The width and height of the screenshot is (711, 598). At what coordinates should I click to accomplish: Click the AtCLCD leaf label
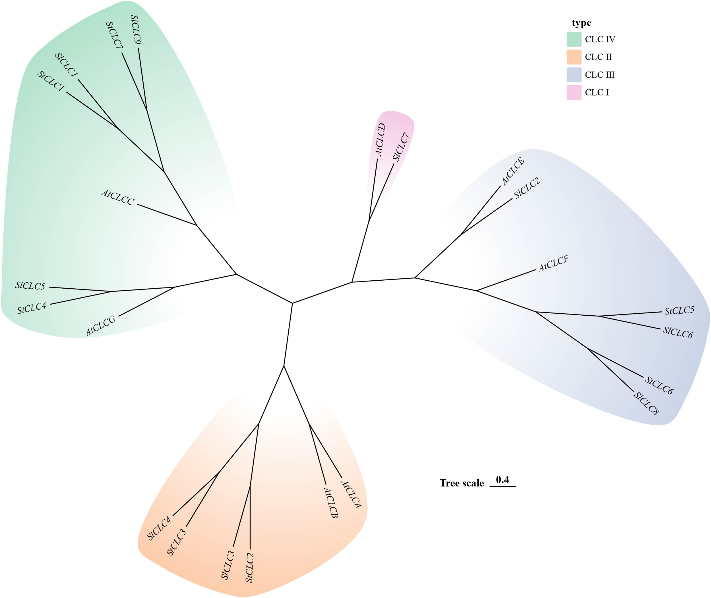[381, 140]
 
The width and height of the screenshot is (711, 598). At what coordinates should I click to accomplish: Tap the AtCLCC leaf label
[118, 197]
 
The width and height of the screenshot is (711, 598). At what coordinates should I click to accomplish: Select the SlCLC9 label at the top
[136, 30]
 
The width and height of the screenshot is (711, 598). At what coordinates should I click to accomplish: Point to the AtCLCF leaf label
[553, 263]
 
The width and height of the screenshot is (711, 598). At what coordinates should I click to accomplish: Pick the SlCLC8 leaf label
[646, 403]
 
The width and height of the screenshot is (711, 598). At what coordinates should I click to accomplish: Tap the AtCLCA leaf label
[351, 494]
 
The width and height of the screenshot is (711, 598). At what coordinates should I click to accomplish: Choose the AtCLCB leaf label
[331, 503]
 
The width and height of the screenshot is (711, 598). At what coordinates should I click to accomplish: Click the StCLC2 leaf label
[250, 568]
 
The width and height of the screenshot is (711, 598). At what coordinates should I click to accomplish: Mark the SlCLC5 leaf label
[30, 286]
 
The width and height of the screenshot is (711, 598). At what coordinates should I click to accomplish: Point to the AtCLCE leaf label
[513, 171]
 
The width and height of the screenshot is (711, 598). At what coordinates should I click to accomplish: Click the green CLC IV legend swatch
[574, 39]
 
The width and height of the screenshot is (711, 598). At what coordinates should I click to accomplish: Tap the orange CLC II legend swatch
[574, 57]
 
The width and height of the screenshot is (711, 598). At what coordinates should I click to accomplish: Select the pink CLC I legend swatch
[574, 93]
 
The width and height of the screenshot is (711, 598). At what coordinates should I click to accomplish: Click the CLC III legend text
[600, 75]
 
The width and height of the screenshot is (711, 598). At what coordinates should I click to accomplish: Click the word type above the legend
[581, 23]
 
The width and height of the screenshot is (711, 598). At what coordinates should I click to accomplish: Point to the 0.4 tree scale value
[502, 479]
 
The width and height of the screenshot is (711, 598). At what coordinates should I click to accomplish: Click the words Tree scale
[462, 483]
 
